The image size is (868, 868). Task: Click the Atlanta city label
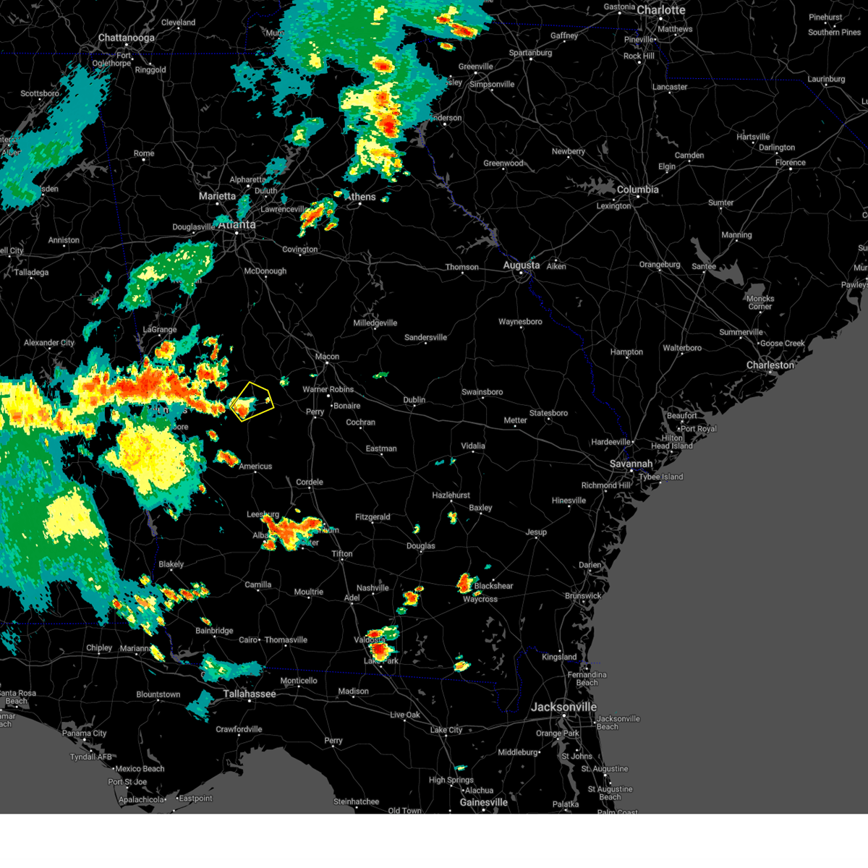tap(237, 225)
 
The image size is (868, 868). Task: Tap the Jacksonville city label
tap(563, 707)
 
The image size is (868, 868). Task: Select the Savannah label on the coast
tap(631, 464)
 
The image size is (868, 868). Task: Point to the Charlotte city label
tap(660, 10)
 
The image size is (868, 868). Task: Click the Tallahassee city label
tap(249, 694)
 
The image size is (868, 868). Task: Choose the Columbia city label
tap(637, 190)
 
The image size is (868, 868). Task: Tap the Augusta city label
tap(521, 265)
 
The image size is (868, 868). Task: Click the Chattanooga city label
tap(126, 38)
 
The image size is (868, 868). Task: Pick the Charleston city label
tap(770, 365)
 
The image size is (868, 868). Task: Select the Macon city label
tap(327, 357)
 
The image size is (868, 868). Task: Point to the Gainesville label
tap(483, 802)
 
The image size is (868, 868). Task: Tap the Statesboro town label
tap(548, 413)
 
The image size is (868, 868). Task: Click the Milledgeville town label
tap(375, 323)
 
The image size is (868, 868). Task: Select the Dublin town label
tap(414, 400)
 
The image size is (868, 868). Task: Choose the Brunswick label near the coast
tap(582, 596)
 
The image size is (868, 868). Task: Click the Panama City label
tap(84, 733)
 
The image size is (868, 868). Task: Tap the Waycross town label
tap(480, 599)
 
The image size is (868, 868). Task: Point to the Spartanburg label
tap(530, 53)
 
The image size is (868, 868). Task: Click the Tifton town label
tap(341, 554)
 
